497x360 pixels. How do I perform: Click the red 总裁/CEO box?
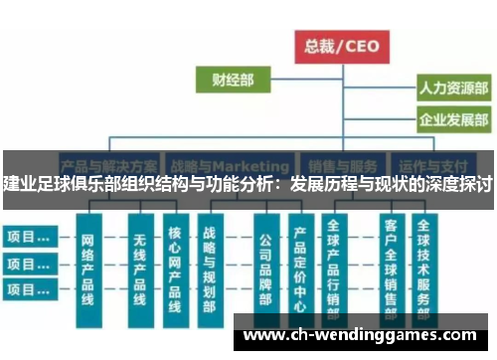pos(341,45)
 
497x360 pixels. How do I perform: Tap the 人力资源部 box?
pos(453,89)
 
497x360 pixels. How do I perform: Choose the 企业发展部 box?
pos(453,122)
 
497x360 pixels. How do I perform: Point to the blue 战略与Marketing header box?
pos(230,165)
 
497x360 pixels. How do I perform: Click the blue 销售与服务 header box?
pos(344,165)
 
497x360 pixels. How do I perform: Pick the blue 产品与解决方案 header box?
pos(108,165)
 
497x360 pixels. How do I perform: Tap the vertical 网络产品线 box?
pos(86,270)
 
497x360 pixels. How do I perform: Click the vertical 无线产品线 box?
pos(140,270)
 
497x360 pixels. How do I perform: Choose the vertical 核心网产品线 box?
pos(175,270)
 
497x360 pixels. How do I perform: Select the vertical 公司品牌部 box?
pos(266,270)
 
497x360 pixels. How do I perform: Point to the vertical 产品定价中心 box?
pos(300,270)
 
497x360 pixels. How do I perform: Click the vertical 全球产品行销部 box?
pos(334,270)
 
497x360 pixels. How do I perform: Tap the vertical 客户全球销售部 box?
pos(391,270)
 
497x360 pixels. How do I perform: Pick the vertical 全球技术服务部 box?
pos(424,270)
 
